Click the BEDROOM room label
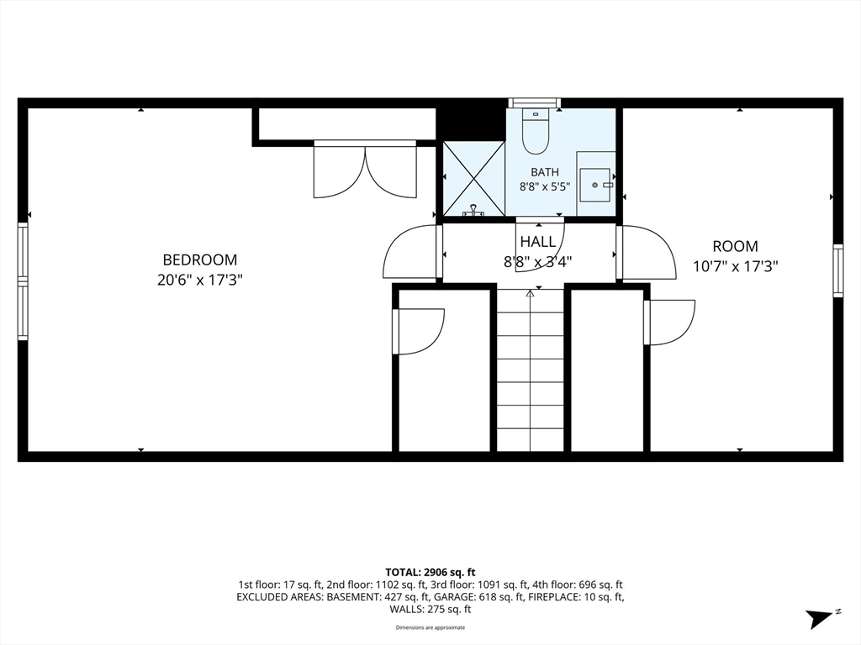(x=200, y=260)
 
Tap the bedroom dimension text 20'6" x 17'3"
(x=200, y=281)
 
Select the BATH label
(x=545, y=172)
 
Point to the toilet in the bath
(x=536, y=131)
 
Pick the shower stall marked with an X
(x=473, y=178)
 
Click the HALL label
(x=538, y=241)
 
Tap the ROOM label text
(x=735, y=246)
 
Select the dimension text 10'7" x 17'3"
(x=735, y=266)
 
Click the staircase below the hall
(x=531, y=370)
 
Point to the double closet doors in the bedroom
(x=365, y=170)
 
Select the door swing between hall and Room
(x=646, y=253)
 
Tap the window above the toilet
(x=535, y=103)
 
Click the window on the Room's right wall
(x=838, y=271)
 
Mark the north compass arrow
(x=820, y=618)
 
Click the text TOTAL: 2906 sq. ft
(x=430, y=573)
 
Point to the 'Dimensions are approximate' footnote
(x=430, y=627)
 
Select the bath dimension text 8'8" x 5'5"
(x=545, y=186)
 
